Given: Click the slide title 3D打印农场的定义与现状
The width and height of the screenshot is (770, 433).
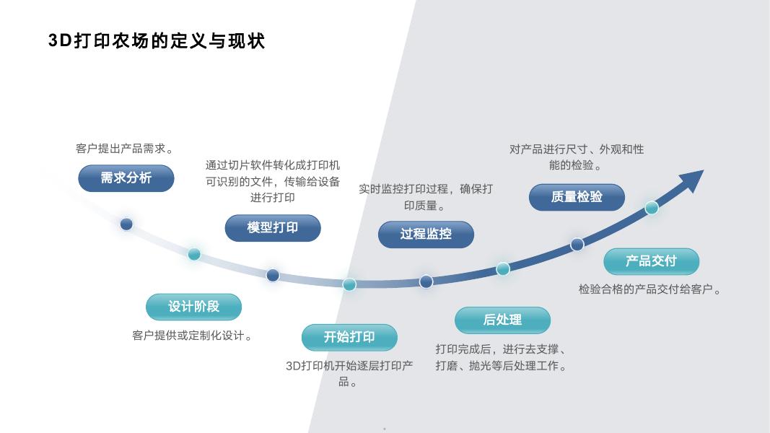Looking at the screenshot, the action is [x=157, y=41].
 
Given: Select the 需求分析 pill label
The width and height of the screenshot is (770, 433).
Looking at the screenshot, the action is [x=126, y=178].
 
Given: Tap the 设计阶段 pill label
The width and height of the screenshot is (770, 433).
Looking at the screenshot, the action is [x=193, y=307].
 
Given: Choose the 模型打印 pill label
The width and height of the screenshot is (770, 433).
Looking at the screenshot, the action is [x=273, y=228].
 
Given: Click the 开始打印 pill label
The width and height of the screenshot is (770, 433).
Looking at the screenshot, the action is [x=349, y=338].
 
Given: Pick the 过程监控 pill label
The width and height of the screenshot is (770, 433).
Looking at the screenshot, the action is [x=426, y=234].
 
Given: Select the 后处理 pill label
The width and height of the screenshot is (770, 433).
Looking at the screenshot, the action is [x=502, y=320].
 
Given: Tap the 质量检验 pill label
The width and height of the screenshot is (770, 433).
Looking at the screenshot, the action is [x=577, y=197].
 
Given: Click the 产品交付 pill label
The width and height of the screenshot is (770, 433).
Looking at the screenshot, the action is [x=651, y=261].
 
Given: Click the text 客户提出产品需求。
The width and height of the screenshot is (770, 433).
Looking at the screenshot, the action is [x=126, y=149].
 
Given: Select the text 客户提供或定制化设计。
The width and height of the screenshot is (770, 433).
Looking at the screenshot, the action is [x=193, y=336].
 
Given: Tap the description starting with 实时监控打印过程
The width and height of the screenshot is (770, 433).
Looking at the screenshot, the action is [x=426, y=197].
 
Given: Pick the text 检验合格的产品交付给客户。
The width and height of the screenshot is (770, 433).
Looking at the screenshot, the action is [x=650, y=289].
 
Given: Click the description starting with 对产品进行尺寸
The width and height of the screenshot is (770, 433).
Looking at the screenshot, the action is [x=577, y=157].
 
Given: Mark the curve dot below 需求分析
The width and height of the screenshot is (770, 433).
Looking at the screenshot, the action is [x=126, y=224].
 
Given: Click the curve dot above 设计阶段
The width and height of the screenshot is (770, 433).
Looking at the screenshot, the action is [x=194, y=254].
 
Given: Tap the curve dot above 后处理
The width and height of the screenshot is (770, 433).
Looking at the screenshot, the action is [x=503, y=268].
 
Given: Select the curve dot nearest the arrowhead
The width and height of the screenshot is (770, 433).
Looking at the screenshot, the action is [x=652, y=208].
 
